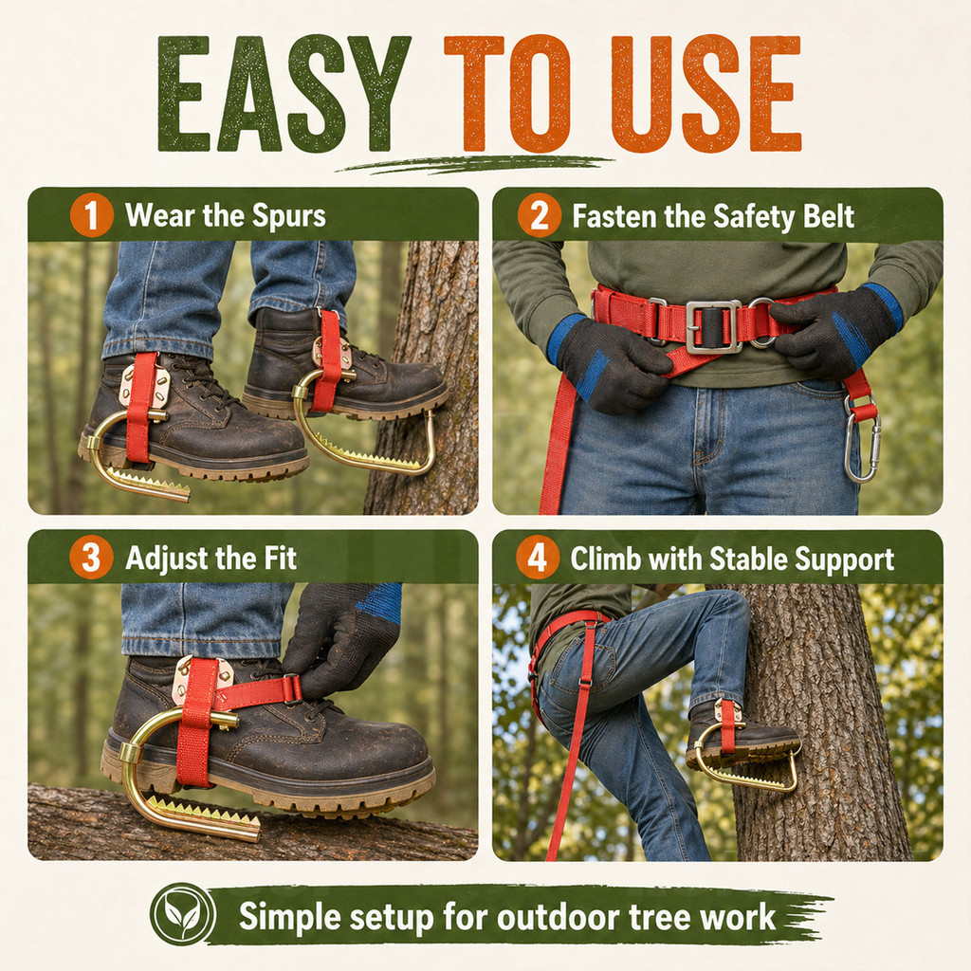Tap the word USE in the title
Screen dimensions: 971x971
(705, 94)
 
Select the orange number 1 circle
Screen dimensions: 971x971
(92, 215)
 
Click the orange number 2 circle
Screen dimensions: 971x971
(540, 215)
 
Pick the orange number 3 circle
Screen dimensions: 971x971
(92, 558)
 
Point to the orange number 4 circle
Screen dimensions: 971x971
(538, 558)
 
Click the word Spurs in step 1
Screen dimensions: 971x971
(289, 217)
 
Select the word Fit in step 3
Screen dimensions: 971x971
(281, 558)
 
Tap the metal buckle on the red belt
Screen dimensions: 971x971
(713, 326)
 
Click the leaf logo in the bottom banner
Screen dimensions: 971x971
(183, 914)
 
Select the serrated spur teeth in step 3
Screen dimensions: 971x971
(205, 812)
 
